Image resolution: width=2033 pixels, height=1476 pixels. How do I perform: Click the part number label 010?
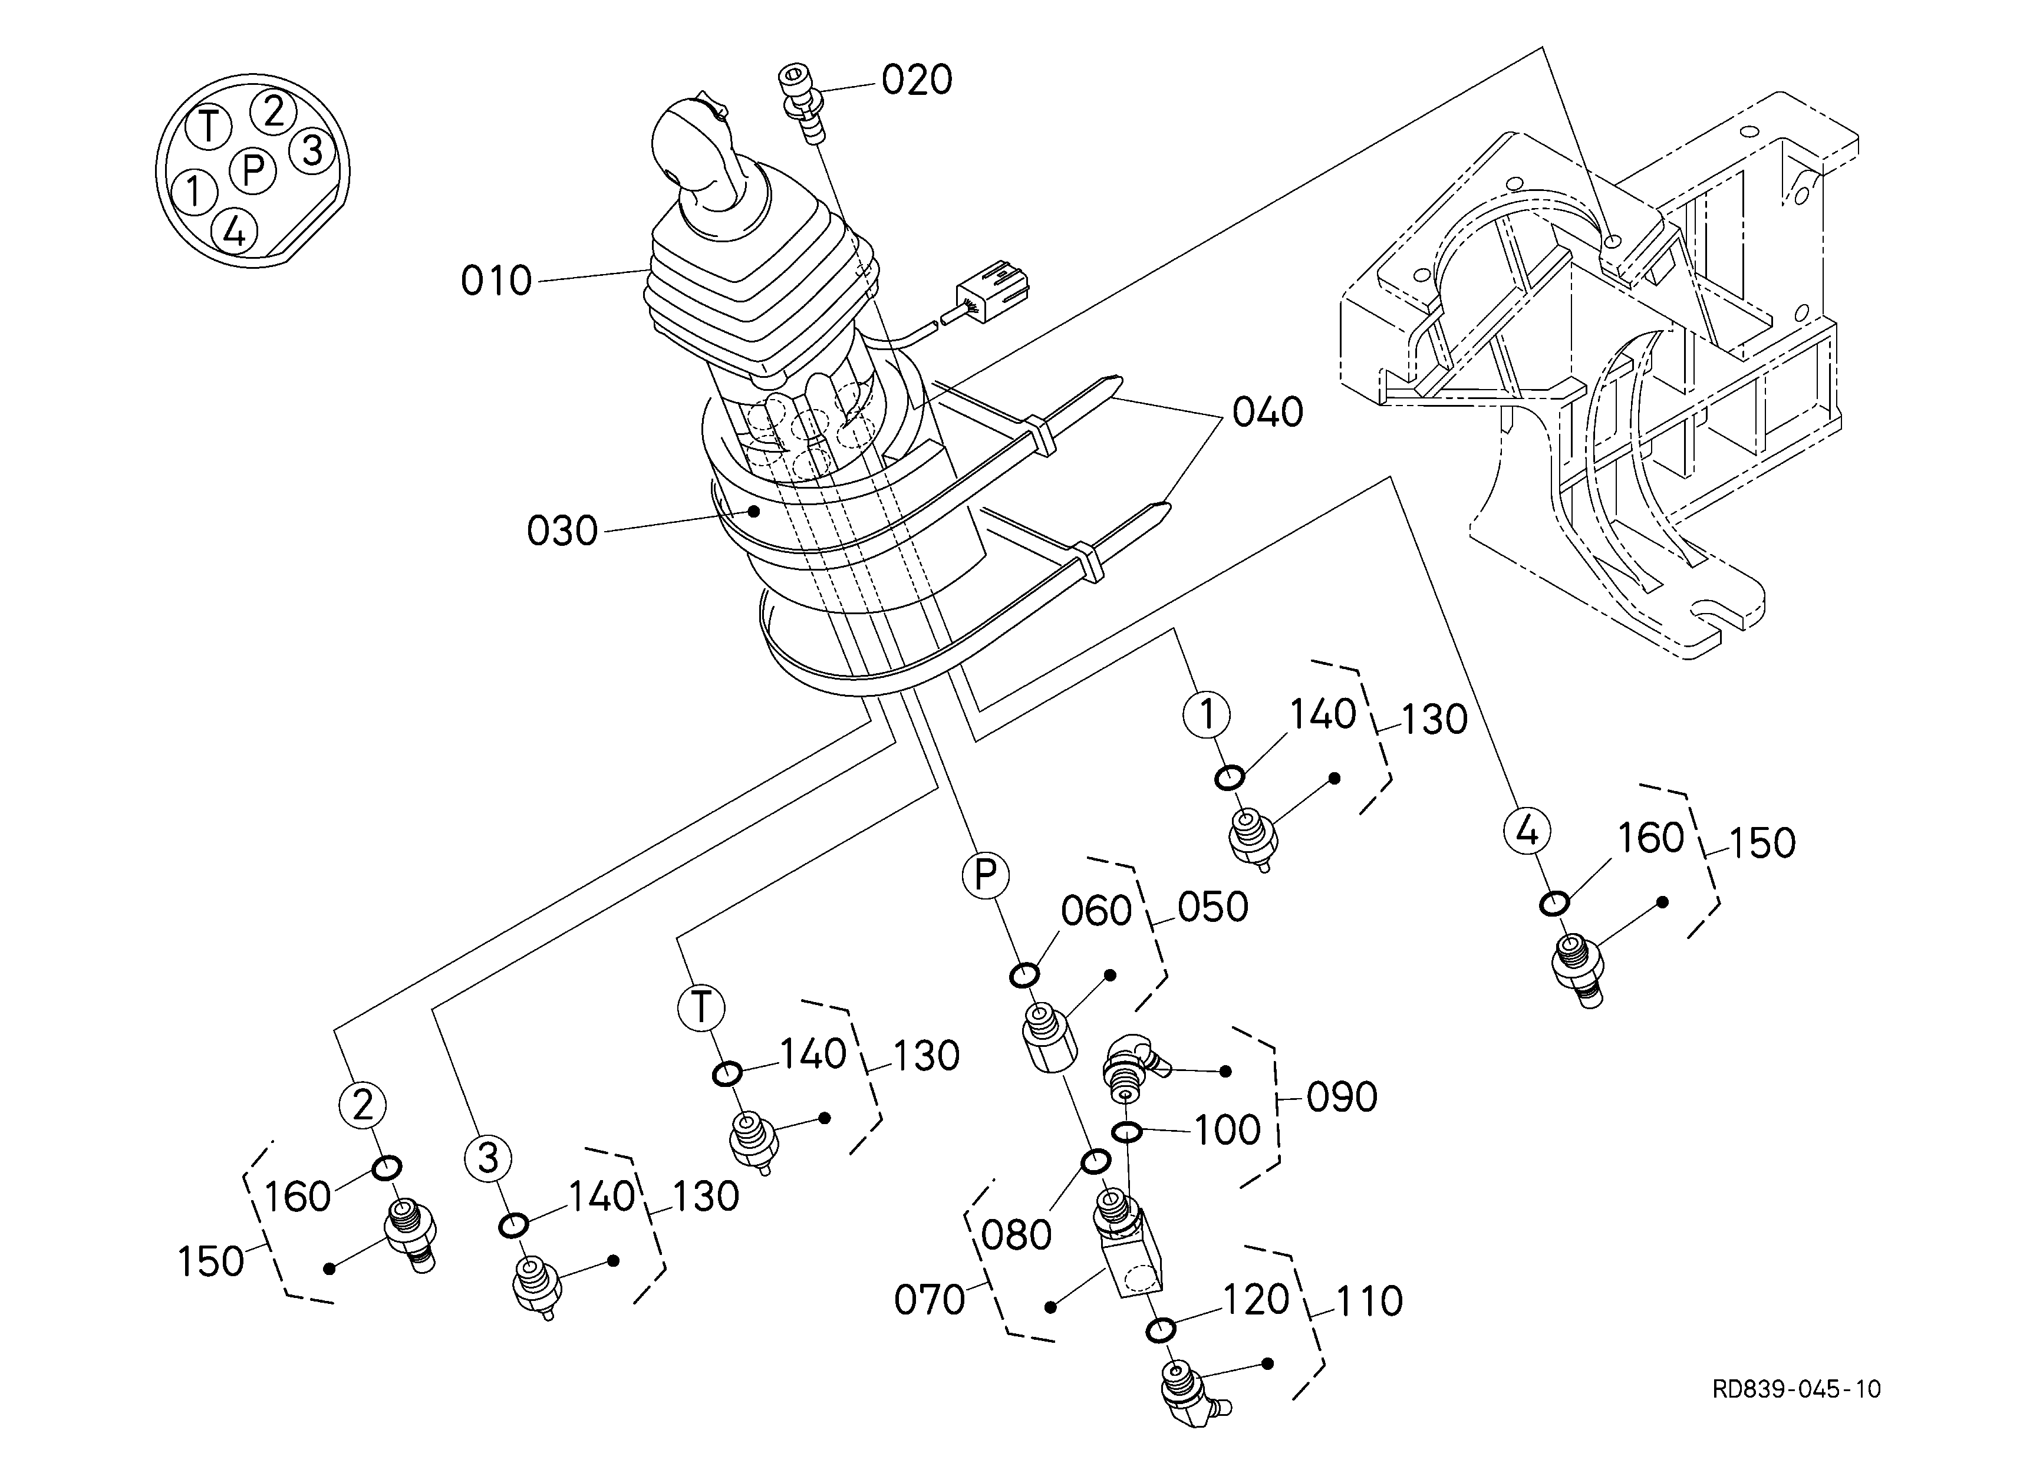(x=496, y=281)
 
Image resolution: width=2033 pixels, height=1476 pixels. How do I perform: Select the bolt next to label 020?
(x=802, y=101)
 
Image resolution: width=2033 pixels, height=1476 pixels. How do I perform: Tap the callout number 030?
(x=562, y=532)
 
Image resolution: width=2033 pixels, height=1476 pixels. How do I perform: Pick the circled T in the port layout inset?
(x=209, y=126)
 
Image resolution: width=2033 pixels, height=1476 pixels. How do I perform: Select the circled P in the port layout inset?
(x=253, y=169)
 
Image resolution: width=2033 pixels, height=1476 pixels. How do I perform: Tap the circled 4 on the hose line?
(x=1527, y=830)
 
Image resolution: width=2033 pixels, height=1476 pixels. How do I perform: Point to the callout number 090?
(x=1342, y=1097)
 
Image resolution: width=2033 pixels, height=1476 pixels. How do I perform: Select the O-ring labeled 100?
(x=1127, y=1132)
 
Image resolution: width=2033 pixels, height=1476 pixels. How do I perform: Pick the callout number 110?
(x=1369, y=1302)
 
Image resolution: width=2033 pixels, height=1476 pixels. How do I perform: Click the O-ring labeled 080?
(x=1095, y=1162)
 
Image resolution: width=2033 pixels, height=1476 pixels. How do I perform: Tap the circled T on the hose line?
(x=701, y=1007)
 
